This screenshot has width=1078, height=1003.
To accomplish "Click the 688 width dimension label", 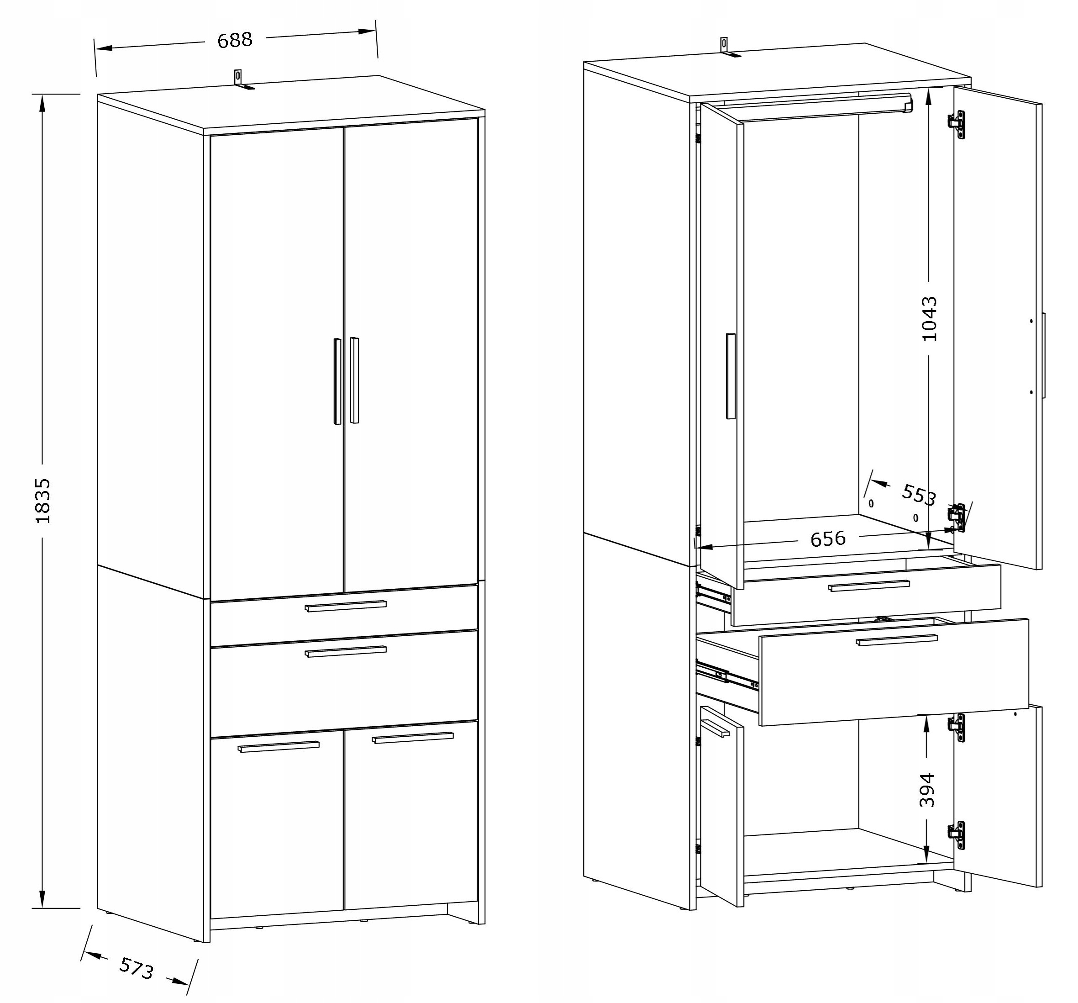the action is coord(235,40).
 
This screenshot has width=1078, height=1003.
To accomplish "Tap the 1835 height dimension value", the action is coord(42,501).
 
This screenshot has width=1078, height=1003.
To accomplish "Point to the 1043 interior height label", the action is coord(929,318).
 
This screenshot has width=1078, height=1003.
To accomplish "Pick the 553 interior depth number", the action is coord(919,494).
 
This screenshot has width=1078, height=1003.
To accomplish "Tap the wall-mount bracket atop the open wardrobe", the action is coord(728,47).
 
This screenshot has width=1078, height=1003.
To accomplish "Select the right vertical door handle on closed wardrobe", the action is coord(355,380).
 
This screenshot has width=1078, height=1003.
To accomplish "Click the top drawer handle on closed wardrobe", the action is coord(346,606).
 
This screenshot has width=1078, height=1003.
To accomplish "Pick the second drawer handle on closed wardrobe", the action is coord(346,651).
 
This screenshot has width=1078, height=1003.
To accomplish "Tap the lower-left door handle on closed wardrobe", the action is coord(278,746).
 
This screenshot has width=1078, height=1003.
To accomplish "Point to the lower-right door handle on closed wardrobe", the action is coord(413,738).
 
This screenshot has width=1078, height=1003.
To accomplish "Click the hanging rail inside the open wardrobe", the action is coord(813,107).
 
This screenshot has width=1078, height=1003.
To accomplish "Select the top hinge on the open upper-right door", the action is coord(957,125).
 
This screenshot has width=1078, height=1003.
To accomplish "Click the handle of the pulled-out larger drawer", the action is coord(897,640).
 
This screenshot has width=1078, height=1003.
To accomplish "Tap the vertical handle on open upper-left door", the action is coord(731,376).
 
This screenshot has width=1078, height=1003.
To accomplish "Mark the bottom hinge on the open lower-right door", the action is coord(957,835).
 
